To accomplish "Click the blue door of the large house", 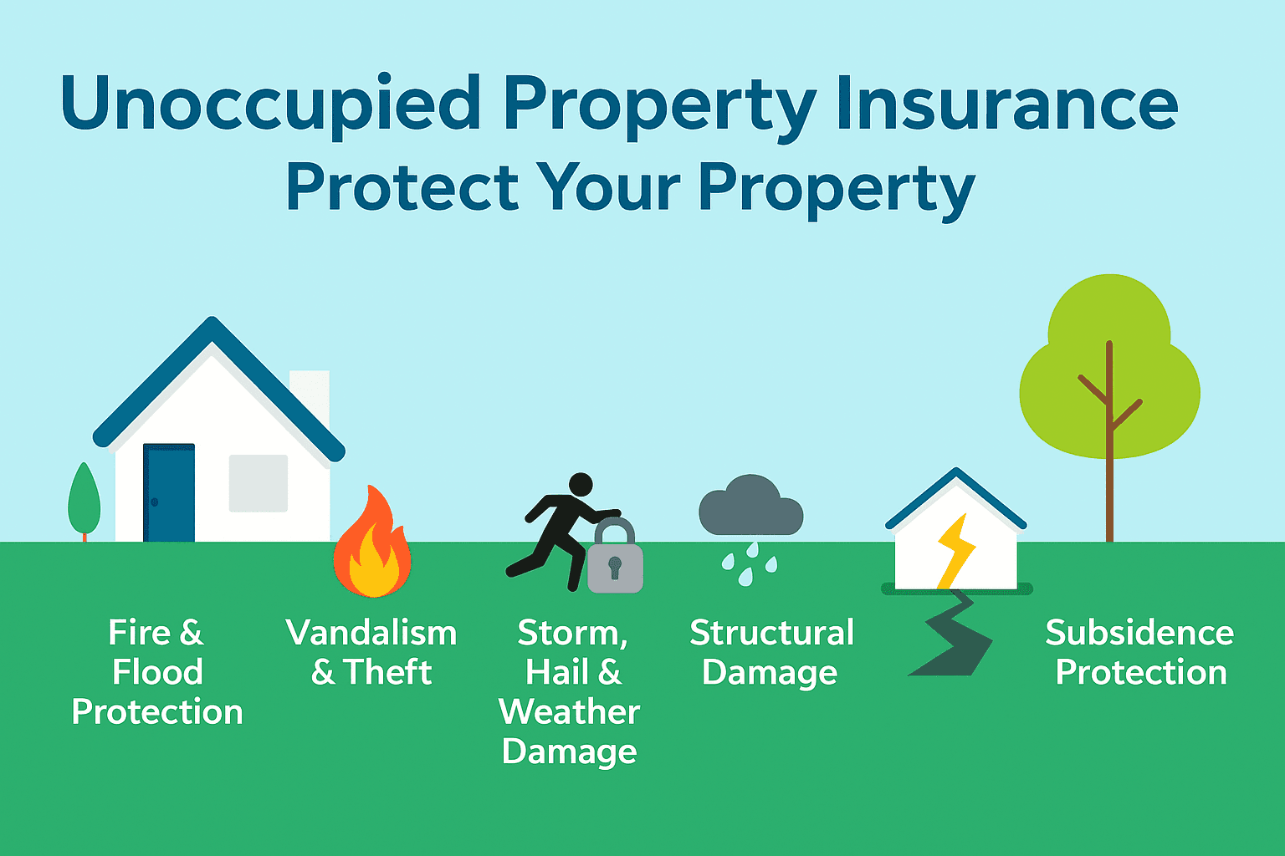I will (x=169, y=493).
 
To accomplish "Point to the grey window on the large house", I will (x=259, y=483).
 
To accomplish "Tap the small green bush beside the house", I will (x=84, y=500).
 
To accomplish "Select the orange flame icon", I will (x=372, y=548).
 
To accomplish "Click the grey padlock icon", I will (x=615, y=560).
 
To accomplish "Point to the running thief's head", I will (x=581, y=484).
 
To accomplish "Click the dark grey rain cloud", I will (x=750, y=507).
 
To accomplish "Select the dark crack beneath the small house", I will (x=954, y=635).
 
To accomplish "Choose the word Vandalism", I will (x=371, y=633).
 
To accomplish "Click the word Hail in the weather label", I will (x=557, y=672).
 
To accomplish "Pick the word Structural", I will (x=771, y=633).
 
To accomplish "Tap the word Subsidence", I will (x=1139, y=633).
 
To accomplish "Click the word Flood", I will (x=157, y=672).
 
